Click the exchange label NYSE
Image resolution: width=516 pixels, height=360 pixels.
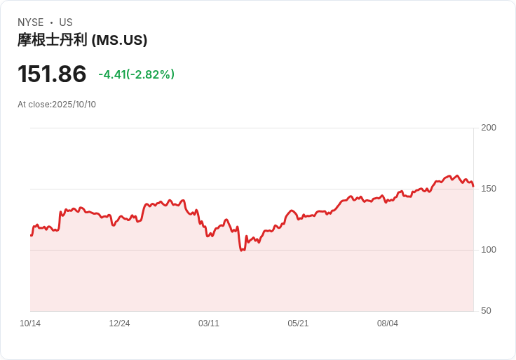[31, 22]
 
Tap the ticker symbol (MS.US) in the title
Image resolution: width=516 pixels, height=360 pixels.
[119, 40]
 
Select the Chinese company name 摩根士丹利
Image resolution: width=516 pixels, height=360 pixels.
[53, 40]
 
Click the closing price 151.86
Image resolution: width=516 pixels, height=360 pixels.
[52, 74]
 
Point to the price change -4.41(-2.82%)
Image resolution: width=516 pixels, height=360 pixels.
[136, 74]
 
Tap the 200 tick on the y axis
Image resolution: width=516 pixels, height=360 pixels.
[489, 127]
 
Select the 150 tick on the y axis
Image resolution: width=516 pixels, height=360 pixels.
[489, 188]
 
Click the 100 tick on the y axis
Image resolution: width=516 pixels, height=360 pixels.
[489, 249]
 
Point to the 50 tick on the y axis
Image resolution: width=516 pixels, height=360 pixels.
[486, 310]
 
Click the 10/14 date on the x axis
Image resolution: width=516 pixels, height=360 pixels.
[30, 324]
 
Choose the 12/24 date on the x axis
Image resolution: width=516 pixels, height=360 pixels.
[119, 324]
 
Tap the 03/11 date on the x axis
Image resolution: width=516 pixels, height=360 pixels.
[209, 324]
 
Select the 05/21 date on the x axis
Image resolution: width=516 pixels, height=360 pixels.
[298, 324]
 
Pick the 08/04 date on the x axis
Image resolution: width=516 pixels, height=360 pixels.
[388, 324]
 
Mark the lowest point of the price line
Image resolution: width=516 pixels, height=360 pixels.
[242, 250]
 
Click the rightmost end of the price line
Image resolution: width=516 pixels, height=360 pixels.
[473, 186]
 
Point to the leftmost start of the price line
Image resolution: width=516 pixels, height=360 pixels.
[31, 235]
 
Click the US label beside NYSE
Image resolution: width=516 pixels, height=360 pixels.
[66, 22]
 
